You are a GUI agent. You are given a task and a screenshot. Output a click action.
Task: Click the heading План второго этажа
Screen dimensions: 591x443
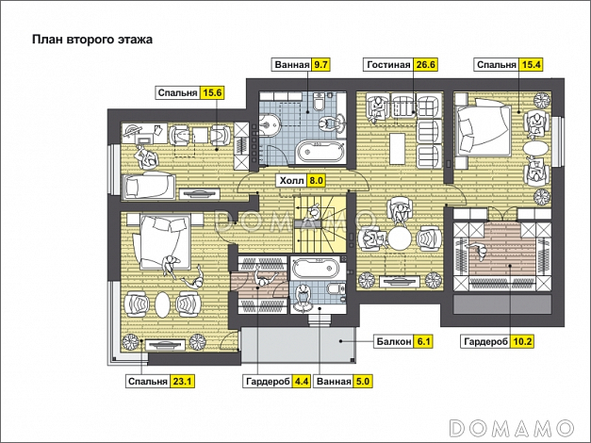(92, 40)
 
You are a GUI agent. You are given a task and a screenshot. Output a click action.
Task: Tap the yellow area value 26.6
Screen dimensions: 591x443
(425, 65)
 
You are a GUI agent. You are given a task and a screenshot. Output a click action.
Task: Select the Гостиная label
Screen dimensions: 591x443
(388, 65)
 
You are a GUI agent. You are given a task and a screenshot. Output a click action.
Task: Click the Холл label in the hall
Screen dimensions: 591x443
(291, 181)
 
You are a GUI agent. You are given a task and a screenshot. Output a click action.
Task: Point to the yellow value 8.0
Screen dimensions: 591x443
(316, 181)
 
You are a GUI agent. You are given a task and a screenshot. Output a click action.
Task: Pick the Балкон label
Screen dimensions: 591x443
(393, 342)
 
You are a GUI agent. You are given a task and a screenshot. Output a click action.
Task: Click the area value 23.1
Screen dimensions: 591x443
(182, 382)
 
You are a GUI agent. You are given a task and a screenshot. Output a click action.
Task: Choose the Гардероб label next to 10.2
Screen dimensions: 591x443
(484, 342)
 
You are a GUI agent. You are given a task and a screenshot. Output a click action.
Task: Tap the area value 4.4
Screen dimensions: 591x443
(302, 382)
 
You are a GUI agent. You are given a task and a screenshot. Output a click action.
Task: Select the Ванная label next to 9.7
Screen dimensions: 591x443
(291, 65)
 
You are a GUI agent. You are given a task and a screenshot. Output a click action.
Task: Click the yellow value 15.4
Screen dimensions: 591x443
(531, 65)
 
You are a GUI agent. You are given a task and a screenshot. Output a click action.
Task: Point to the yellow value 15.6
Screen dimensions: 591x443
(212, 92)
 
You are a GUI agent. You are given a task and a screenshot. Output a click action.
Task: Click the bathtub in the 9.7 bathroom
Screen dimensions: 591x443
(320, 152)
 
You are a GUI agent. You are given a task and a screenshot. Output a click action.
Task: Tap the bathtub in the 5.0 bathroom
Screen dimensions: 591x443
(316, 269)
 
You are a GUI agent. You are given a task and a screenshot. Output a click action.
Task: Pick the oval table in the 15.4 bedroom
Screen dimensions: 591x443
(536, 148)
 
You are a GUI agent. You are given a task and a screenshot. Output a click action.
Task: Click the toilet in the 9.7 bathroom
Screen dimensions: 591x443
(319, 101)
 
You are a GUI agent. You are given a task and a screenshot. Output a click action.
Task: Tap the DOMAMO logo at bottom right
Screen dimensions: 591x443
(512, 428)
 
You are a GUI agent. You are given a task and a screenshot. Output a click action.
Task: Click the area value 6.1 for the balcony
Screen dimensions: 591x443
(423, 342)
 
